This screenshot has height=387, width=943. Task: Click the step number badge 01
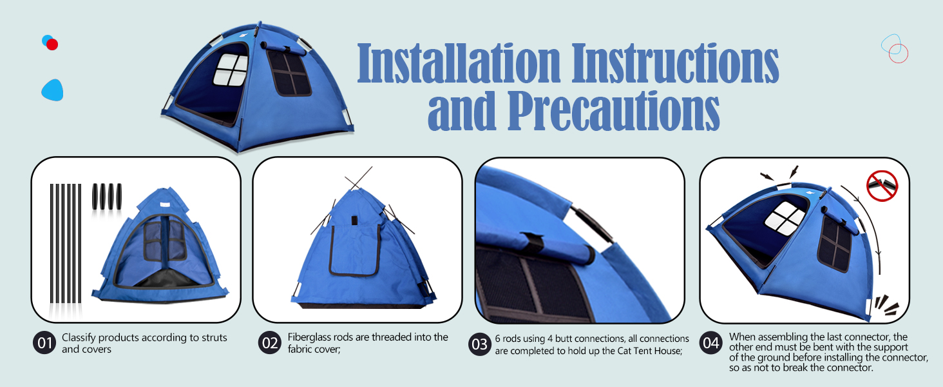pyautogui.click(x=44, y=343)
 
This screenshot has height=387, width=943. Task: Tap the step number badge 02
pyautogui.click(x=269, y=343)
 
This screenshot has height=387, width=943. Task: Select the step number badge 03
pyautogui.click(x=480, y=344)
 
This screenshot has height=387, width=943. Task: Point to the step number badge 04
pyautogui.click(x=710, y=343)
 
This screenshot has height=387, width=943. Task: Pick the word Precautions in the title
pyautogui.click(x=613, y=111)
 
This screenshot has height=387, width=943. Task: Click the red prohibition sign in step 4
pyautogui.click(x=882, y=186)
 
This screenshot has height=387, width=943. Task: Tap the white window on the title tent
pyautogui.click(x=231, y=70)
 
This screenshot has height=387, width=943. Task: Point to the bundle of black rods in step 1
pyautogui.click(x=66, y=244)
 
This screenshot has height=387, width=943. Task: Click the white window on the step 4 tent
pyautogui.click(x=785, y=215)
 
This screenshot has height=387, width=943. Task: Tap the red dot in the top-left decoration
pyautogui.click(x=52, y=45)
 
